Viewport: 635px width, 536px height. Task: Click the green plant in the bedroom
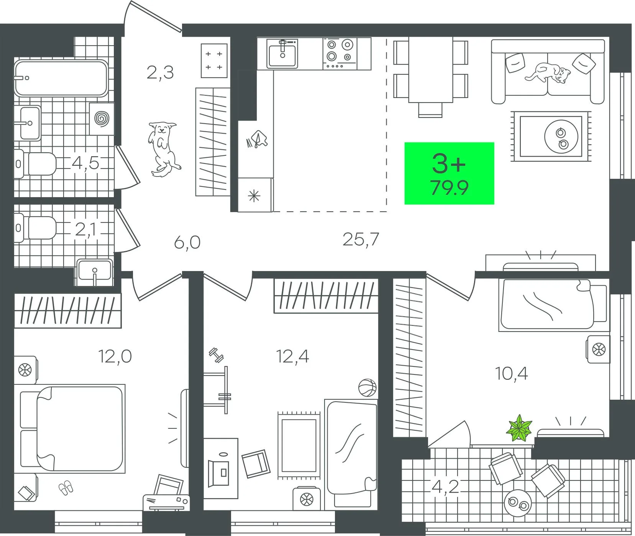point(520,428)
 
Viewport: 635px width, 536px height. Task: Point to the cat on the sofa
point(549,73)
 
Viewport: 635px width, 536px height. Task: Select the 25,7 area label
point(361,240)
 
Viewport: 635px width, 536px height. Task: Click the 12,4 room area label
point(292,356)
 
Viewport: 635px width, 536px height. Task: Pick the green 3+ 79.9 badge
point(449,173)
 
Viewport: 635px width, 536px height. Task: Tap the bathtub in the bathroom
point(61,78)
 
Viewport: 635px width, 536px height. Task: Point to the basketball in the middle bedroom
point(368,388)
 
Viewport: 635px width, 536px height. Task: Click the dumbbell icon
point(216,356)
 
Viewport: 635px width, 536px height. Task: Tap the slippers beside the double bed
point(66,487)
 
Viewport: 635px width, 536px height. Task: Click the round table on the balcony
point(517,503)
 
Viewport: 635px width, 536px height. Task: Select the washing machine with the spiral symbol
point(102,118)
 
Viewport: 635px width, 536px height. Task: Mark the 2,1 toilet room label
point(85,230)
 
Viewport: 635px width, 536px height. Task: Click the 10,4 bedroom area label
point(512,373)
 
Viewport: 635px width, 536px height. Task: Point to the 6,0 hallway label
point(187,243)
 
